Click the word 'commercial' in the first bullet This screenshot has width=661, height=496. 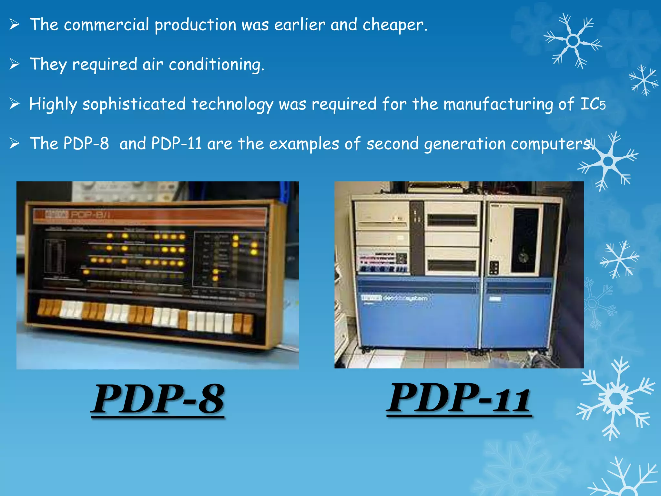(x=107, y=25)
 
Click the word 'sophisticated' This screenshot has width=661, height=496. (x=134, y=104)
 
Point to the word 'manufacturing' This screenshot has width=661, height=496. (x=498, y=104)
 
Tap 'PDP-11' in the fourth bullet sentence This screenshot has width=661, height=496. (x=176, y=144)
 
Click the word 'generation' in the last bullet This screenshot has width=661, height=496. (x=465, y=144)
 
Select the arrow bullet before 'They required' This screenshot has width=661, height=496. (x=15, y=64)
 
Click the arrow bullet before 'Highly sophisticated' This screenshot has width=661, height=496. (x=15, y=104)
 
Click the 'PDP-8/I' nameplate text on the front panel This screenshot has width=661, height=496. (x=90, y=215)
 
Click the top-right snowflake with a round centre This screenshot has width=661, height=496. (x=573, y=41)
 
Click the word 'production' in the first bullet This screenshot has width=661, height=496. (x=195, y=26)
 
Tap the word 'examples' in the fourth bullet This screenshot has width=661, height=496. (x=304, y=144)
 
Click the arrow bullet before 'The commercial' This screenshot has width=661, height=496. (x=15, y=25)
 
